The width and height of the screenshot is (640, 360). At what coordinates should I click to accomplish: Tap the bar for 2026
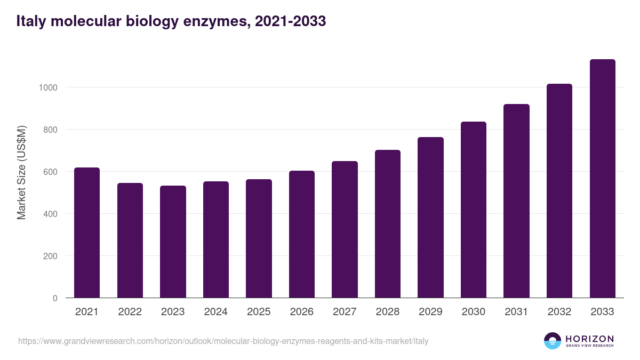point(302,234)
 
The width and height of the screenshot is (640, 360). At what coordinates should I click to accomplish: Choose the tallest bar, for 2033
point(602,179)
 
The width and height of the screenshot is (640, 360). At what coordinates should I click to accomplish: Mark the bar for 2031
point(516,201)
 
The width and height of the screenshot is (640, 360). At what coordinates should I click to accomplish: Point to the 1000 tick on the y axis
point(49,87)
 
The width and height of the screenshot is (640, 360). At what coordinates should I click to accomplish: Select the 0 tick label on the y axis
point(55,298)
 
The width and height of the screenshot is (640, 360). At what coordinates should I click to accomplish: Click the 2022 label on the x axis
point(130,312)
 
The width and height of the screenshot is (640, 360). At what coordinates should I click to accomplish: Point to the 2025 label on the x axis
point(259,312)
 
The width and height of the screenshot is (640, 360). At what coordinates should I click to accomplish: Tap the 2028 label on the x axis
point(387,312)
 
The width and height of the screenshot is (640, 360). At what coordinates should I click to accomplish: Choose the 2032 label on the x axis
point(559,312)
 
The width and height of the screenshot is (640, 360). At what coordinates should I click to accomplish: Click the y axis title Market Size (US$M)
point(21,172)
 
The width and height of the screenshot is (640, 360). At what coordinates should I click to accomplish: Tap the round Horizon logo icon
point(552,341)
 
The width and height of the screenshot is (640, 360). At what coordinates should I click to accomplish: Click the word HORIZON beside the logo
point(589,338)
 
